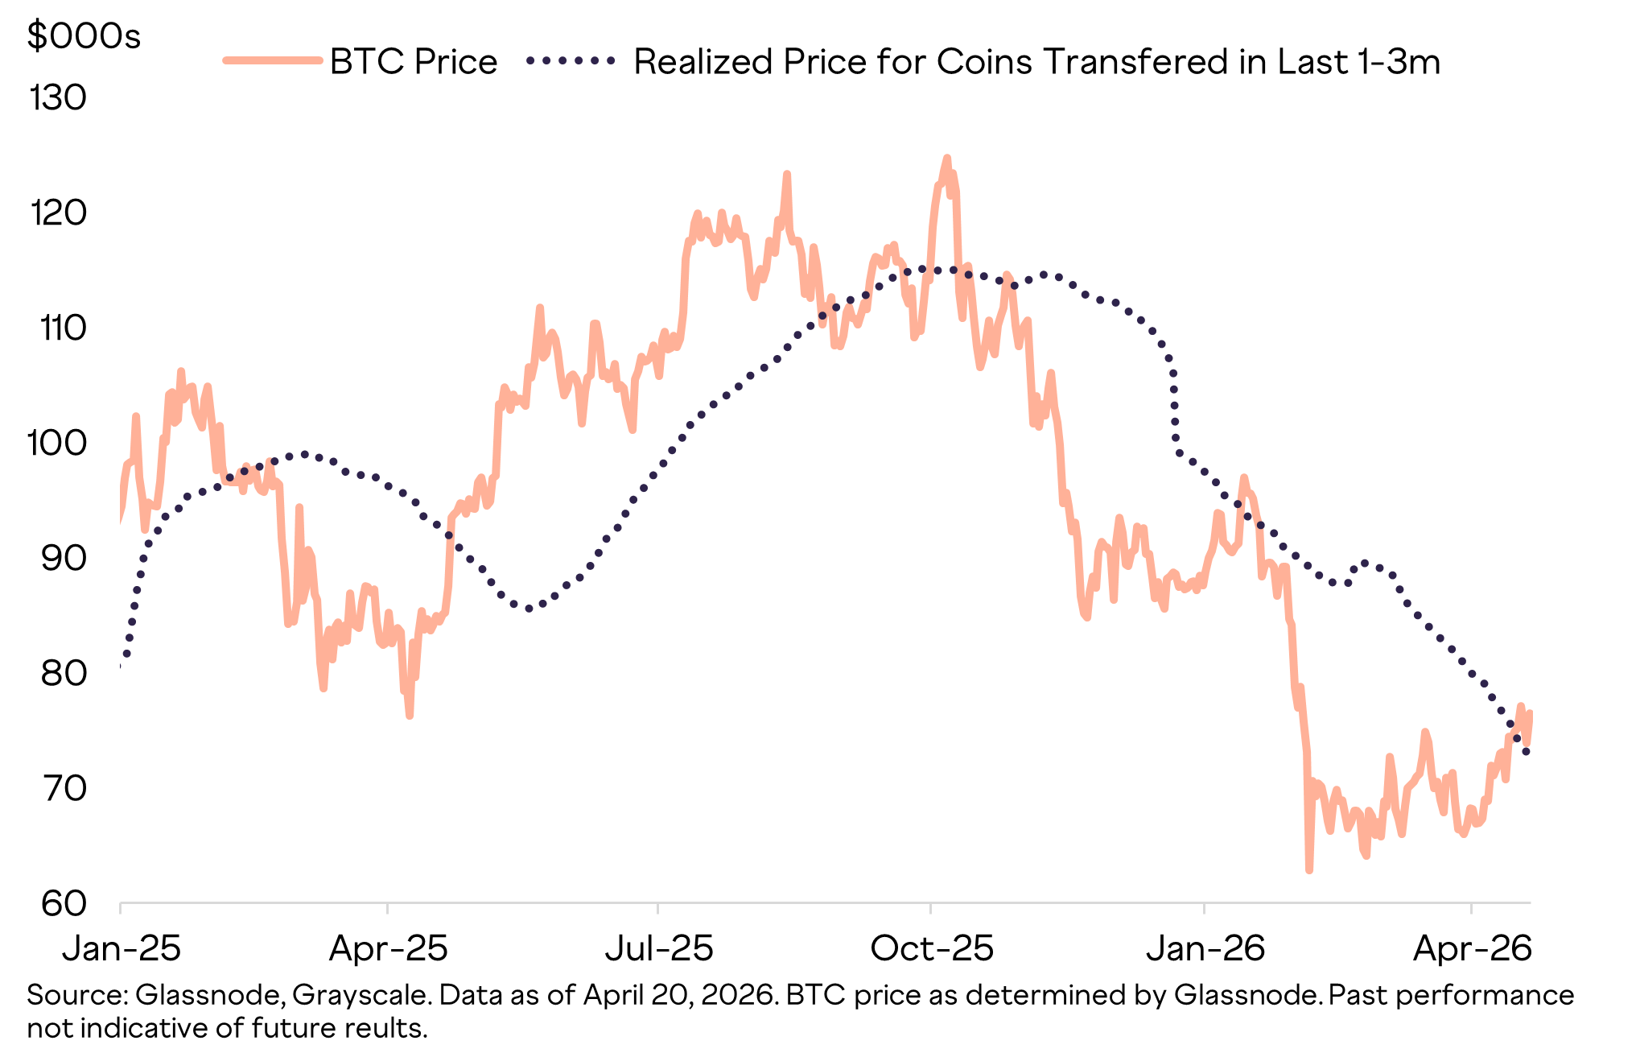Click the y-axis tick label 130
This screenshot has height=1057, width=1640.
[57, 98]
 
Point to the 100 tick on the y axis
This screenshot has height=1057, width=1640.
[57, 443]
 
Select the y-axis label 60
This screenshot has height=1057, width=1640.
[63, 903]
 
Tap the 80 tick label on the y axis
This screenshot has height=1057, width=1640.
[63, 673]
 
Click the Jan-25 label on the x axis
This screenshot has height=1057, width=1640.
[122, 948]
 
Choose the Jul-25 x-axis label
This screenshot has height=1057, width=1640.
[659, 948]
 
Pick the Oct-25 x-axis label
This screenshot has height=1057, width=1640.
[932, 948]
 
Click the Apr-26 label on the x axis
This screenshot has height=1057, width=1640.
[1472, 948]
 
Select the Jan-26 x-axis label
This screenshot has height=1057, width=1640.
[1205, 948]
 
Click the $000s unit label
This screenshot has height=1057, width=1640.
[84, 36]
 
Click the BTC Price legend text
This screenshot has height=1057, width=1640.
[414, 62]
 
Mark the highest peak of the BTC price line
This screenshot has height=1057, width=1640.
[946, 159]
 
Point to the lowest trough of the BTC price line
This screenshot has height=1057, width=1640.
[1309, 869]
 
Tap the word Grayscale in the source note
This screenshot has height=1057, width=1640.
[361, 995]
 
